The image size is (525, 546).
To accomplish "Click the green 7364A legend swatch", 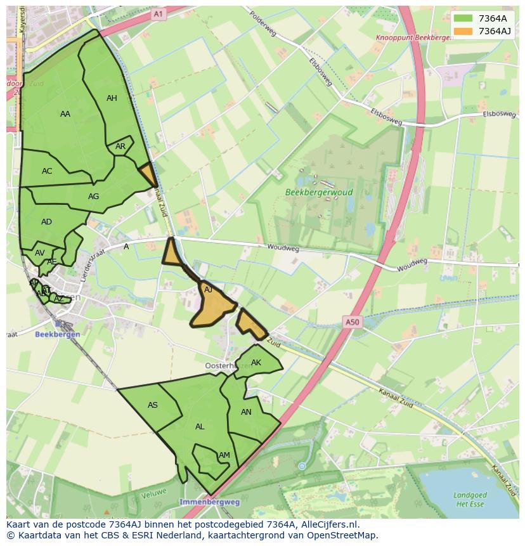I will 463,18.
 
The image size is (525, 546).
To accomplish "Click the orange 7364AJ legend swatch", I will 463,31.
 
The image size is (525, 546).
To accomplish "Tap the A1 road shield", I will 158,13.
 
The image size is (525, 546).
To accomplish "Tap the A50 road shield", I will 353,322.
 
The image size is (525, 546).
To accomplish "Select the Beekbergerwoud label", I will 319,192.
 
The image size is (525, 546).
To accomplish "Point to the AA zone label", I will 65,114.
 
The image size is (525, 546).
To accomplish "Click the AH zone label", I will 112,98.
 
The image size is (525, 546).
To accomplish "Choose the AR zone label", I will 120,146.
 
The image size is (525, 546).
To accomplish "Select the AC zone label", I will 47,171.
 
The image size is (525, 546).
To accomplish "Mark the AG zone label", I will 93,197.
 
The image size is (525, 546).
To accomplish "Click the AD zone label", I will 46,222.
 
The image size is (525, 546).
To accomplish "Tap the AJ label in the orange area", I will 208,290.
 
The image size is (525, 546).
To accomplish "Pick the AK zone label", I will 256,363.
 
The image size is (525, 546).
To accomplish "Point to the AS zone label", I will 153,405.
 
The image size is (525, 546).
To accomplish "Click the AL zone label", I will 200,427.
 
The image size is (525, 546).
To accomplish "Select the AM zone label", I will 224,455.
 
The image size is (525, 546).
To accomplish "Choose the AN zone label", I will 247,412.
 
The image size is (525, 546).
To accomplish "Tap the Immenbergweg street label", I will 210,502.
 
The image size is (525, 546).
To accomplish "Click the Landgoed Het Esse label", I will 470,499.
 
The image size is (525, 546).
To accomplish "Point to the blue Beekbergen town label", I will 57,334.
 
